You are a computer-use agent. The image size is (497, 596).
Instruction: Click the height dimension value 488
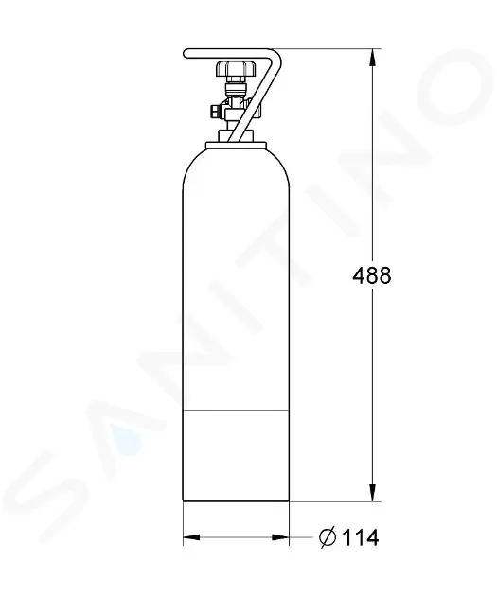click(370, 275)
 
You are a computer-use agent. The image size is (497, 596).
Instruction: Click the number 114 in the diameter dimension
click(361, 538)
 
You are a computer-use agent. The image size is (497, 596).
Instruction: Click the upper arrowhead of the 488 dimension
click(370, 57)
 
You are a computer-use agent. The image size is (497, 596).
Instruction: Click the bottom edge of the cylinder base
click(235, 500)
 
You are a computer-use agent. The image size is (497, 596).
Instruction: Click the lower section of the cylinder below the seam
click(235, 454)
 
